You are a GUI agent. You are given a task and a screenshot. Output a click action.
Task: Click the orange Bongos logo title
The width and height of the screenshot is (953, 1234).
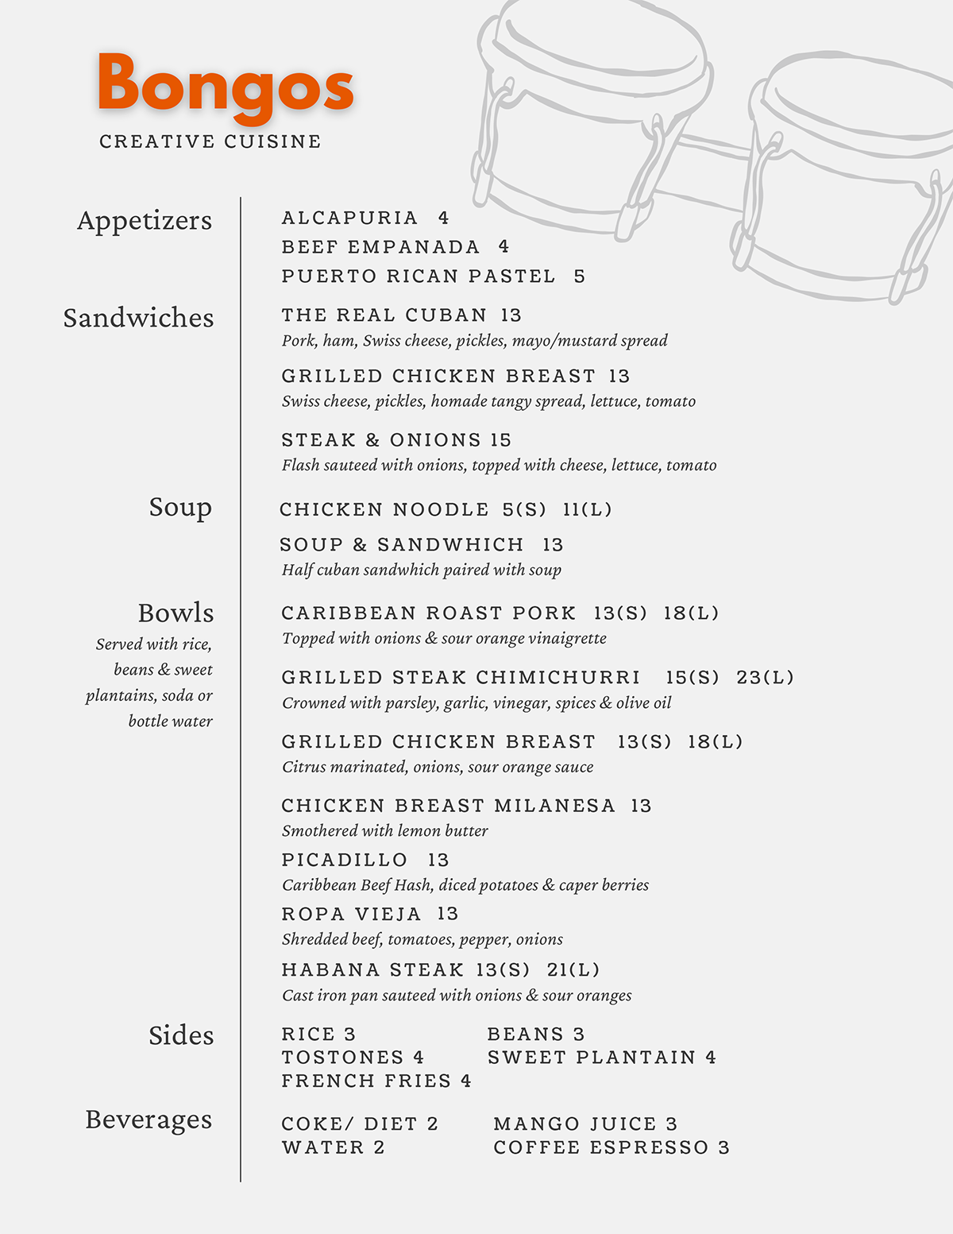coord(226,86)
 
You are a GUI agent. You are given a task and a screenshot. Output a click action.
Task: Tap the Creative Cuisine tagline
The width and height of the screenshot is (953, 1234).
coord(210,141)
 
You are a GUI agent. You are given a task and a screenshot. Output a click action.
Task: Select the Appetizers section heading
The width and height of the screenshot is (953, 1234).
coord(145,220)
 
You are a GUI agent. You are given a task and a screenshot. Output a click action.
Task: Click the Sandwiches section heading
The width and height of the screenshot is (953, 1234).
coord(139,318)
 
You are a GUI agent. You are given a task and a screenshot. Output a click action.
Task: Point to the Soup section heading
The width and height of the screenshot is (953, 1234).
coord(180,507)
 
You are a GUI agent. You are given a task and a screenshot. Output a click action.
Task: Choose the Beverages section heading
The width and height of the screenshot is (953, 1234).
coord(149,1120)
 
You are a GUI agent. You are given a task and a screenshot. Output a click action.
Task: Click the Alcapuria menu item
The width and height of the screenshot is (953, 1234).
coord(350,218)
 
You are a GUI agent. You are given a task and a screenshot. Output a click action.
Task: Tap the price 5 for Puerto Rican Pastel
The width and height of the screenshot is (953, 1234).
coord(580,277)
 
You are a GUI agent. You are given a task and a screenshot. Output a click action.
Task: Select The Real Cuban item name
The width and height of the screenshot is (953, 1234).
coord(384,315)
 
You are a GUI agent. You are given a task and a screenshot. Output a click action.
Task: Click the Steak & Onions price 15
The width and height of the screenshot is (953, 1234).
coord(501,440)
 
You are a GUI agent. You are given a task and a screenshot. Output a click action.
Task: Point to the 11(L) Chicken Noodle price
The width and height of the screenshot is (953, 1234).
coord(588,509)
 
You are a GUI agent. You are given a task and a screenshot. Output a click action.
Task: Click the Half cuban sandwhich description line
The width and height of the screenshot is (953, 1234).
coord(422,570)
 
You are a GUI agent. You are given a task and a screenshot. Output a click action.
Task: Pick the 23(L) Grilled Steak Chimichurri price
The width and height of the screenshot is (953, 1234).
coord(765,678)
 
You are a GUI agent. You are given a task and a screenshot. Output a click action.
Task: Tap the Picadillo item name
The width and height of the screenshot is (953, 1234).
coord(345,860)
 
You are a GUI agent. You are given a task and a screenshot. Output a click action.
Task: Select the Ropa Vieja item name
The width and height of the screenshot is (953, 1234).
coord(352,914)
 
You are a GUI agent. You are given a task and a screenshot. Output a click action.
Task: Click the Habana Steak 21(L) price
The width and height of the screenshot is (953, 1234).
coord(573,970)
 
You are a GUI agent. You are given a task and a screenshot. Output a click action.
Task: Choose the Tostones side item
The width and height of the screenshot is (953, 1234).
coord(343,1058)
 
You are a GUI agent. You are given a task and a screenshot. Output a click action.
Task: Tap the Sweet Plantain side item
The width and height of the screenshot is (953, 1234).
coord(592,1058)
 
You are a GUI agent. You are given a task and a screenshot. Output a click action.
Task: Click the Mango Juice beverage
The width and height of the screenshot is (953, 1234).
coord(575,1124)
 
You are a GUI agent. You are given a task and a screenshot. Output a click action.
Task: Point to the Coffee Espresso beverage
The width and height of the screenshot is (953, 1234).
coord(601,1148)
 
